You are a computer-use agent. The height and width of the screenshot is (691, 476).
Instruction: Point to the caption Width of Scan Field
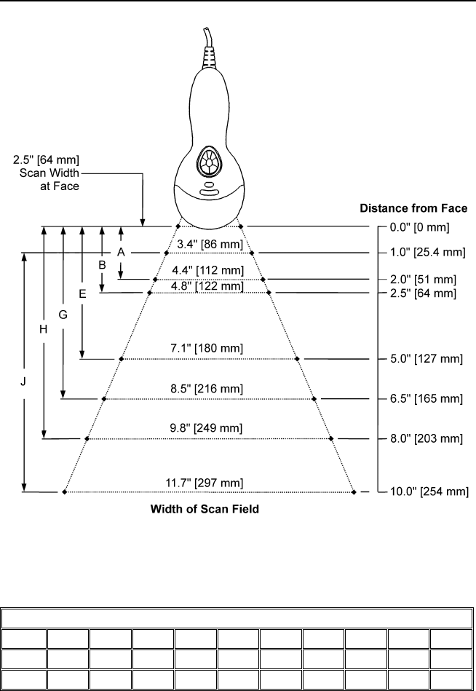point(205,510)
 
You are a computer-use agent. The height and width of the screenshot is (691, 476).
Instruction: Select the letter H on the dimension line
point(43,329)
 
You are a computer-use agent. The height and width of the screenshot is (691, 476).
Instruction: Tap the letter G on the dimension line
point(63,315)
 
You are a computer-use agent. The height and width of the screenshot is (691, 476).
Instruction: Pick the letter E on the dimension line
point(82,294)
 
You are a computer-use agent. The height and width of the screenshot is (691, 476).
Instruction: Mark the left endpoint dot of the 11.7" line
point(64,493)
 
